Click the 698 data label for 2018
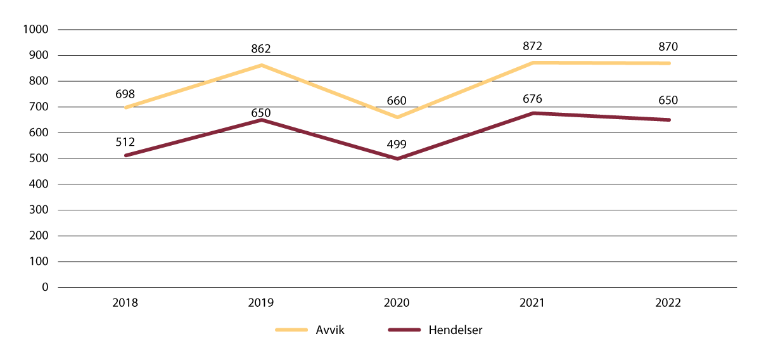click(125, 94)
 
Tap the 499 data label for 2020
click(397, 145)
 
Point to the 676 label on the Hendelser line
click(533, 99)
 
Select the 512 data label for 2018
click(125, 142)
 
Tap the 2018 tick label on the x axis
click(125, 303)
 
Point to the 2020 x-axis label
click(397, 303)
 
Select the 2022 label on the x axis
click(668, 303)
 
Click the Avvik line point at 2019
click(261, 65)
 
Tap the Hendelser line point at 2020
click(397, 158)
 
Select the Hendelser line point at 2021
click(533, 113)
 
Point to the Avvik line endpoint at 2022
click(668, 63)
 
